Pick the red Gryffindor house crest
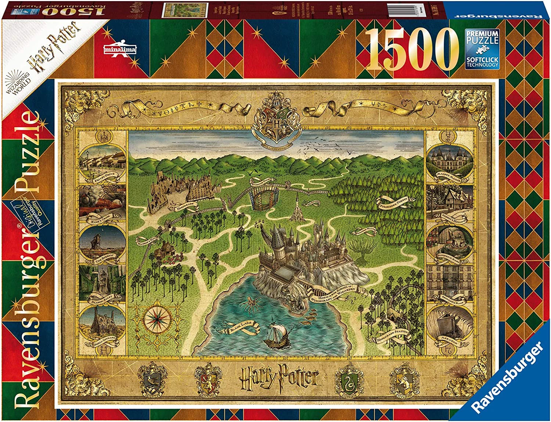coord(207,379)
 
